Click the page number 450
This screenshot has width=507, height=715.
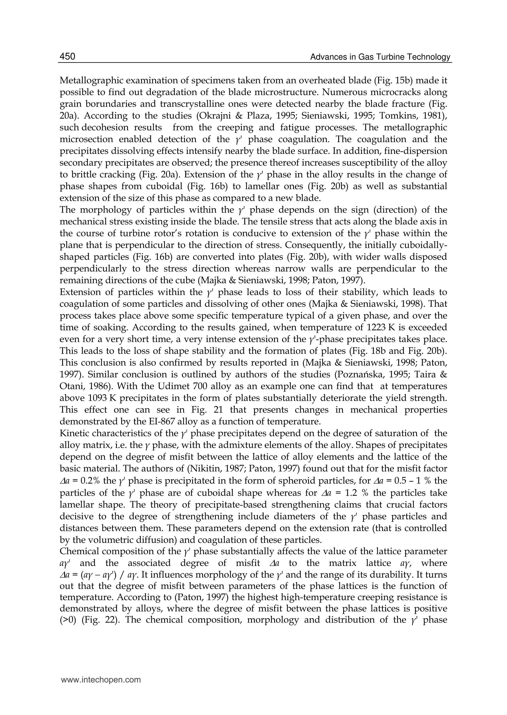point(67,56)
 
